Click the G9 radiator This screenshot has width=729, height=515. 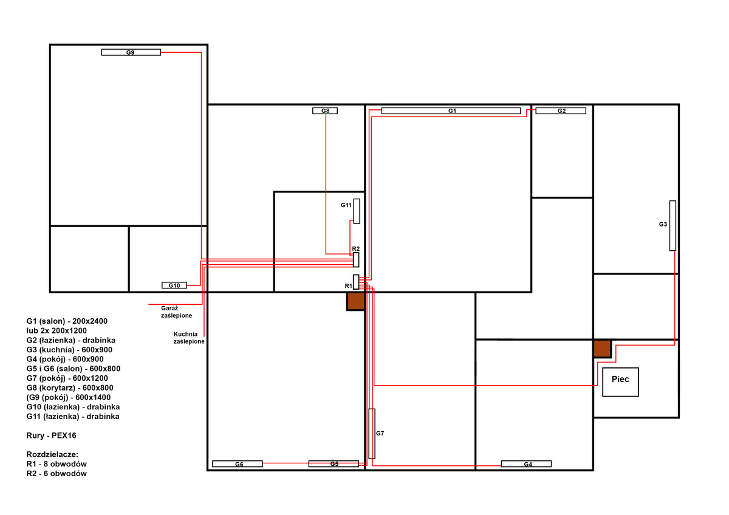click(131, 52)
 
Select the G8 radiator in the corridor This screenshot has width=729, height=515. click(325, 111)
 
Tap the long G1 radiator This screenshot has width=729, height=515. click(451, 111)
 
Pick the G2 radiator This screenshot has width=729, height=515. click(561, 111)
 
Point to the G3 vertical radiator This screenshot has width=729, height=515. click(673, 226)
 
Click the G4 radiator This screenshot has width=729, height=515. click(526, 464)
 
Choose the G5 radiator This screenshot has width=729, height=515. click(334, 464)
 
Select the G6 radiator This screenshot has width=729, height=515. click(238, 464)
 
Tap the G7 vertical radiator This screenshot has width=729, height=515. click(372, 434)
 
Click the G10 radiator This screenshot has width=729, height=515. click(174, 285)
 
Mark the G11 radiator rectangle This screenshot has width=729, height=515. click(357, 211)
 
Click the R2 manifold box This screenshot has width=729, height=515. click(356, 259)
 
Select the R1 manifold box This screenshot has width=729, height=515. click(356, 282)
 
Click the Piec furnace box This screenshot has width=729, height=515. click(620, 382)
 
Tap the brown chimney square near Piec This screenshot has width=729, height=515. click(602, 349)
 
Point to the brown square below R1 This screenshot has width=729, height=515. click(355, 301)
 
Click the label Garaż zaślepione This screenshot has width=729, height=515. click(176, 312)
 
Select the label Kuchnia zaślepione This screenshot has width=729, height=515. click(189, 338)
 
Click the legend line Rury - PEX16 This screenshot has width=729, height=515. click(51, 435)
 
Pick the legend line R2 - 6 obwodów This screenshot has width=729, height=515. click(56, 473)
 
